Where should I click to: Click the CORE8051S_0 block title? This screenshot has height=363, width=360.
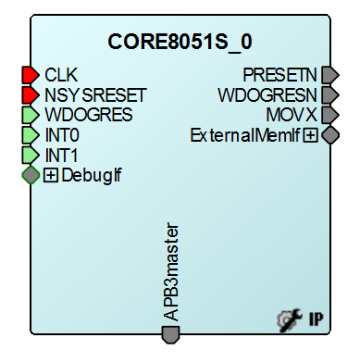[x=180, y=42]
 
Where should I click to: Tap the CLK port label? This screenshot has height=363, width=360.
[x=62, y=74]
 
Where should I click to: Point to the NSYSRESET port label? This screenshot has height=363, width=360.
[x=95, y=95]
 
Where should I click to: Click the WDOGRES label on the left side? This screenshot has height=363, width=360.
[x=88, y=116]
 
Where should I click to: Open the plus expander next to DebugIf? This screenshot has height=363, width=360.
[x=51, y=174]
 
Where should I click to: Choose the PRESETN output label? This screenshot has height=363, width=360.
[x=280, y=74]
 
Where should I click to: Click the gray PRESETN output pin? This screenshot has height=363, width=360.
[x=330, y=74]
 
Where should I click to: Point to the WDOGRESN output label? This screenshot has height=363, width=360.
[x=267, y=94]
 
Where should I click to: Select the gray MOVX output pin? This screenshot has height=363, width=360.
[x=330, y=115]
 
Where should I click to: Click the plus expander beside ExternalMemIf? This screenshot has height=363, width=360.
[x=311, y=135]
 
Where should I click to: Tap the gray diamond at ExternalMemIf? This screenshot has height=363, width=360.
[x=330, y=135]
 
